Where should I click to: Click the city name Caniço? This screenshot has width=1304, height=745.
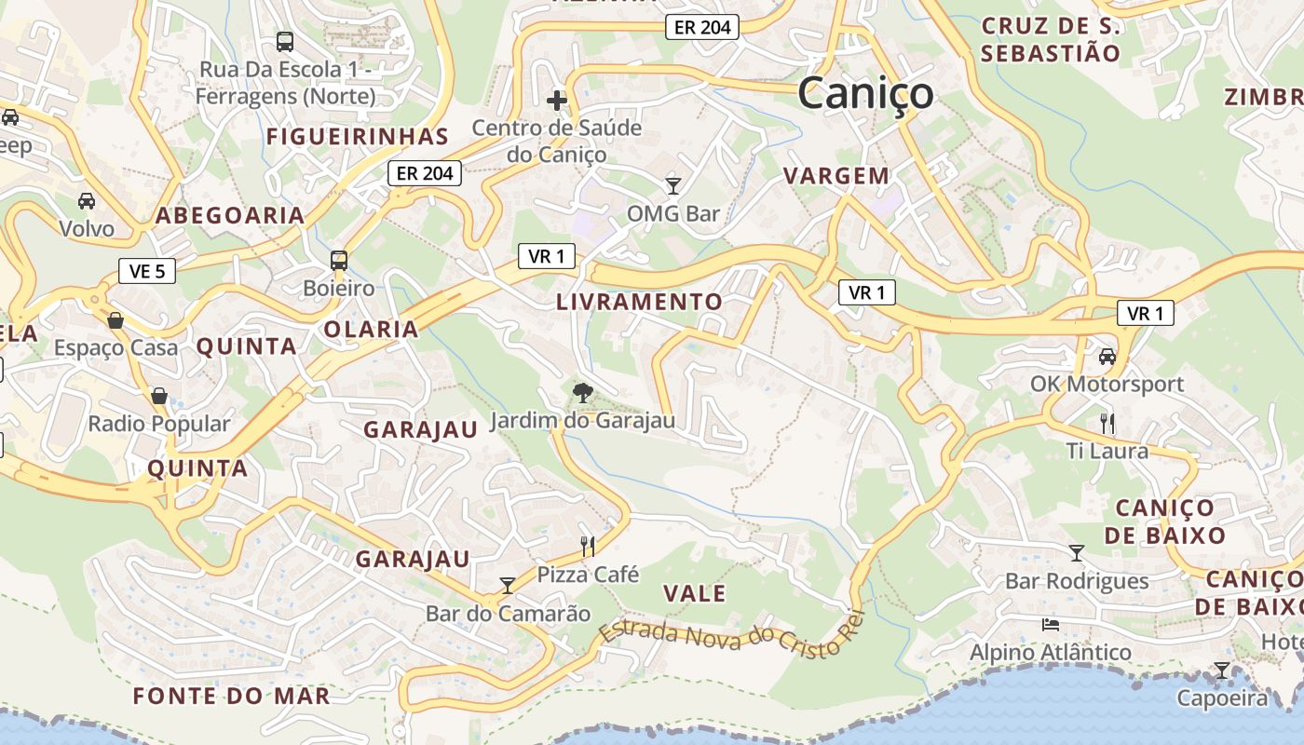(x=865, y=93)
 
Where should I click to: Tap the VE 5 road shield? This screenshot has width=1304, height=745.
(x=147, y=271)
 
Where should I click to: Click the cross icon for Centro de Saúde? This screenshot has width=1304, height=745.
(x=557, y=101)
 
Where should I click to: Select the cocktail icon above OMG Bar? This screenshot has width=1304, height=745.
(x=672, y=185)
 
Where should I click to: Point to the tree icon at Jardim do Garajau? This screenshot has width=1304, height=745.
(x=583, y=392)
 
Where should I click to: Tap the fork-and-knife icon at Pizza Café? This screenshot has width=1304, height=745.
(x=588, y=545)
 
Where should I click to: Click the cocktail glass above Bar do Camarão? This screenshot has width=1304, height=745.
(x=508, y=585)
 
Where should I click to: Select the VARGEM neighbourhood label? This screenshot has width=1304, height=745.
(x=836, y=175)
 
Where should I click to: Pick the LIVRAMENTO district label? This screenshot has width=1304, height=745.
(x=639, y=302)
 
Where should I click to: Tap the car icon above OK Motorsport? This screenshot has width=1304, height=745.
(x=1107, y=356)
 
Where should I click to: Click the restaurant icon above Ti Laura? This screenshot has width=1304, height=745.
(x=1107, y=423)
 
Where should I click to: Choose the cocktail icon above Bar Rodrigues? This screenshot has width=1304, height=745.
(x=1077, y=553)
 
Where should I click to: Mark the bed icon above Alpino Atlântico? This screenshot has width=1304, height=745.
(x=1051, y=623)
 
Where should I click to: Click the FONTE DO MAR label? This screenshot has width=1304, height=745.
(x=231, y=696)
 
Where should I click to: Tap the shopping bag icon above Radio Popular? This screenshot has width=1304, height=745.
(x=159, y=396)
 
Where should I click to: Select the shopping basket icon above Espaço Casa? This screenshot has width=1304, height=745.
(x=115, y=320)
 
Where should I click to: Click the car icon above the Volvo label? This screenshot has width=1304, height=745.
(x=87, y=201)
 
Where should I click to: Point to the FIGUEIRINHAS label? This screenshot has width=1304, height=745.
(x=358, y=137)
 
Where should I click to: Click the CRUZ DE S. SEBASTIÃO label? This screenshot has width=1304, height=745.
(x=1051, y=39)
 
